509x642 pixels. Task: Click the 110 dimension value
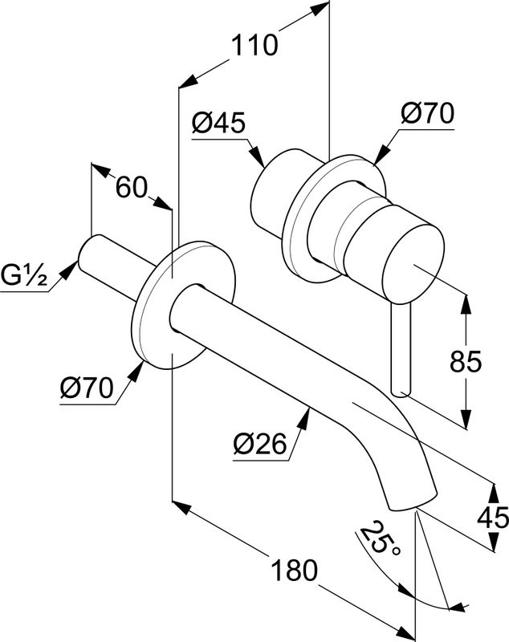[254, 46]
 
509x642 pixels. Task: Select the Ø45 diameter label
[218, 123]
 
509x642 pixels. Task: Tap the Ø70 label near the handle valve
[426, 113]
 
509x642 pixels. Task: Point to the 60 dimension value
[132, 189]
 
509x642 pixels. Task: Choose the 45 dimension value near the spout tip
[491, 518]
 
